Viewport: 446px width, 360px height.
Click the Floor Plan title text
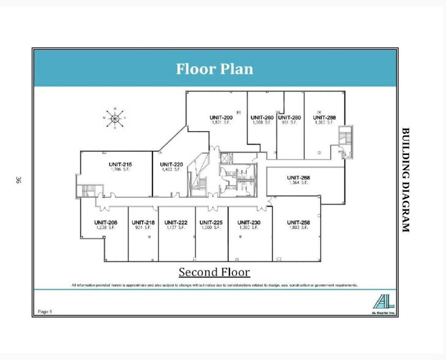coord(214,69)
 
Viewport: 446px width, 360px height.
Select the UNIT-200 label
coord(221,118)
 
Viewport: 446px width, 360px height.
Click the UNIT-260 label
coord(262,118)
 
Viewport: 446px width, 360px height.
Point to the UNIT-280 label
coord(289,118)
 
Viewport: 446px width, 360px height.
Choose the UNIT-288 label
coord(324,118)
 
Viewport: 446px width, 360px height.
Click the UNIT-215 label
coord(120,165)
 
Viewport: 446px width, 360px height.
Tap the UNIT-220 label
coord(171,165)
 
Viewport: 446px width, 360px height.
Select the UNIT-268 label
coord(298,178)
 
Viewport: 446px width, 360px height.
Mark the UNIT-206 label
coord(105,222)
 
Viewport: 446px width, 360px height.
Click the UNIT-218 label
coord(143,222)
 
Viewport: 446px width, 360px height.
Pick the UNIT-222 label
coord(176,222)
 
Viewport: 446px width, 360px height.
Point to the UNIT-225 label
coord(210,222)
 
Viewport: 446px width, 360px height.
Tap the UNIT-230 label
coord(249,222)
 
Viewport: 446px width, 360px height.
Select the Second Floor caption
coord(214,272)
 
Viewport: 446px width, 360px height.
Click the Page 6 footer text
coord(45,311)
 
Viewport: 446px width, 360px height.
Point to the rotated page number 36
coord(18,180)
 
